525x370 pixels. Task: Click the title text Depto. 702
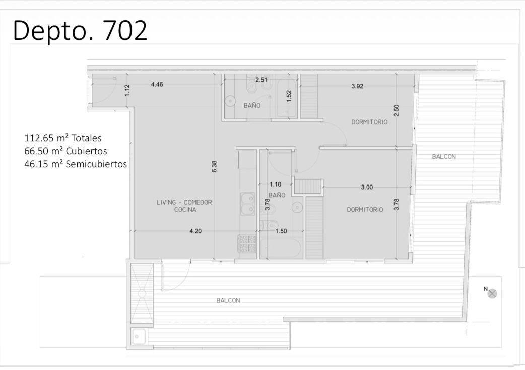(80, 30)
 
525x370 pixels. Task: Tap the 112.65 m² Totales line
(63, 138)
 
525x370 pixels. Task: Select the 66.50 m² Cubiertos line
(65, 151)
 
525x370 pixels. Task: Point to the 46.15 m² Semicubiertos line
(76, 164)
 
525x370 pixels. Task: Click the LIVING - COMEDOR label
(184, 202)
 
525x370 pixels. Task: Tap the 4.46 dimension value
(157, 84)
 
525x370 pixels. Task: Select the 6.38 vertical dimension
(214, 166)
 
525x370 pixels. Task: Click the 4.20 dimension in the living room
(195, 231)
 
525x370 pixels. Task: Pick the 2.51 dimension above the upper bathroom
(261, 80)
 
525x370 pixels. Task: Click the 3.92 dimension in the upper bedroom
(357, 86)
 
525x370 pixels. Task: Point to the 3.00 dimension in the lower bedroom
(367, 187)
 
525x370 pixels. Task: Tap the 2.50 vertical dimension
(397, 110)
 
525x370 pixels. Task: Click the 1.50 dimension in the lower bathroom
(281, 231)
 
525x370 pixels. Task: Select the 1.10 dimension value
(276, 184)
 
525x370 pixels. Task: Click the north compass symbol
(492, 294)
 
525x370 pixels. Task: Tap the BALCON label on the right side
(444, 157)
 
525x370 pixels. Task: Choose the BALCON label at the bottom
(228, 300)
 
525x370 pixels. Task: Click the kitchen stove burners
(247, 243)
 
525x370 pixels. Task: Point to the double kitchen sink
(247, 204)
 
